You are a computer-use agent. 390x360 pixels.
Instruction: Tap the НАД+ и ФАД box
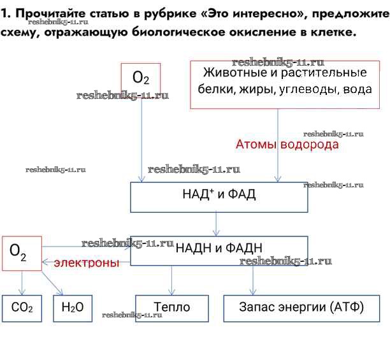[219, 197]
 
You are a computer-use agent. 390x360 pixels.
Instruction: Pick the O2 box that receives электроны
[22, 253]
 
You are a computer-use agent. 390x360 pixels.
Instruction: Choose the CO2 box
[22, 308]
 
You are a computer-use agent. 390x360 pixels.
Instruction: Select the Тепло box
[172, 308]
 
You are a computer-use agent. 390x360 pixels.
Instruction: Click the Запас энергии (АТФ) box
[301, 308]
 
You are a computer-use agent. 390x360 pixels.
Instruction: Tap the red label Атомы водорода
[287, 145]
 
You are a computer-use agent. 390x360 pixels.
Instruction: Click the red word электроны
[86, 263]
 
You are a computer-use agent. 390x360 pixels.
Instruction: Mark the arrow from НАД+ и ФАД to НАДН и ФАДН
[217, 224]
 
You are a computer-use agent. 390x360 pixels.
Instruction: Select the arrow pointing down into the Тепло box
[172, 280]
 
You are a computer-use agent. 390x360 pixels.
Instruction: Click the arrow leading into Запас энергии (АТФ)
[254, 280]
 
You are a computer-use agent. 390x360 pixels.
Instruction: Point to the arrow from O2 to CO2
[22, 282]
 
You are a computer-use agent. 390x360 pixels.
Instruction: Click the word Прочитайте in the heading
[45, 13]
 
